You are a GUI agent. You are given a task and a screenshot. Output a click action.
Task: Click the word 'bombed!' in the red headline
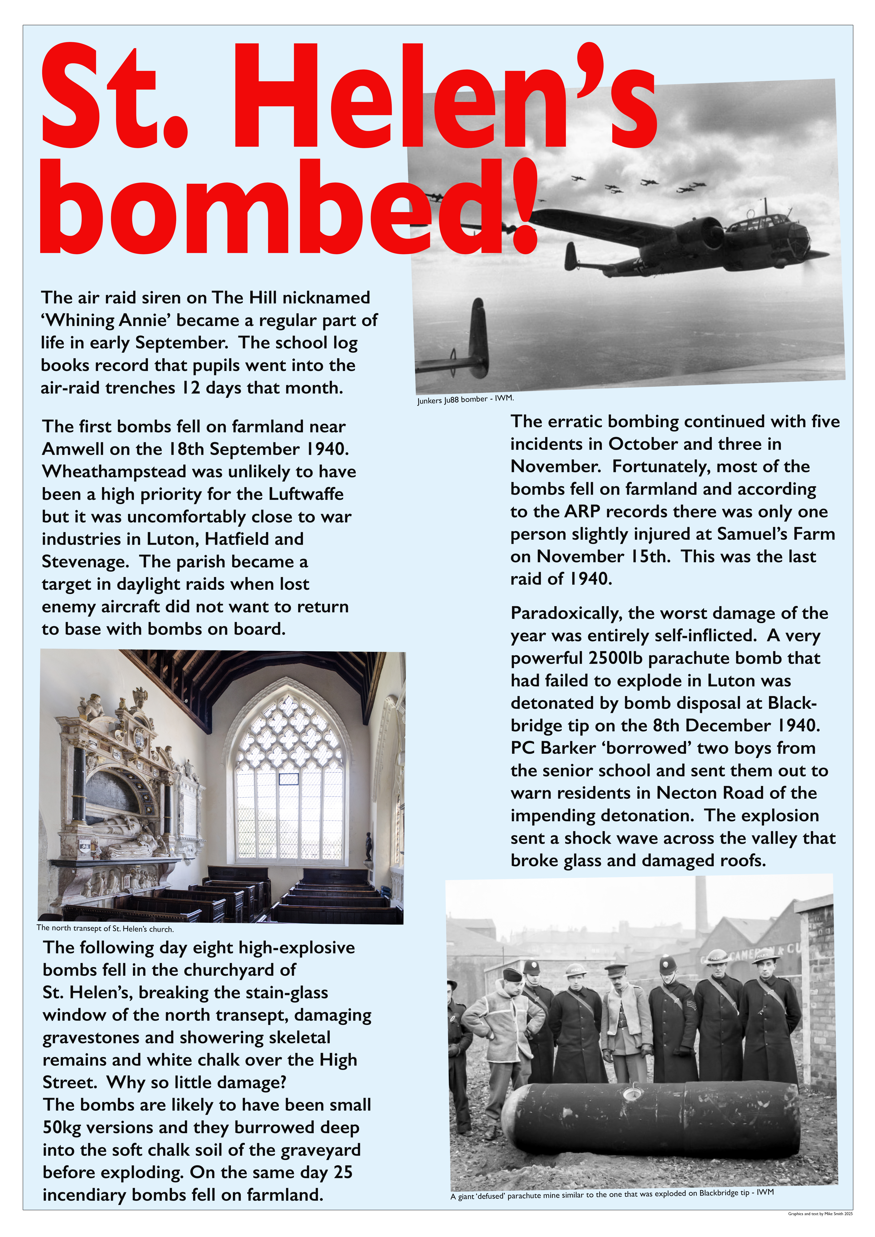[x=288, y=207]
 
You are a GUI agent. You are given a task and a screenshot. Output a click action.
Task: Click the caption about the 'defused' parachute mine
[x=612, y=1195]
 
